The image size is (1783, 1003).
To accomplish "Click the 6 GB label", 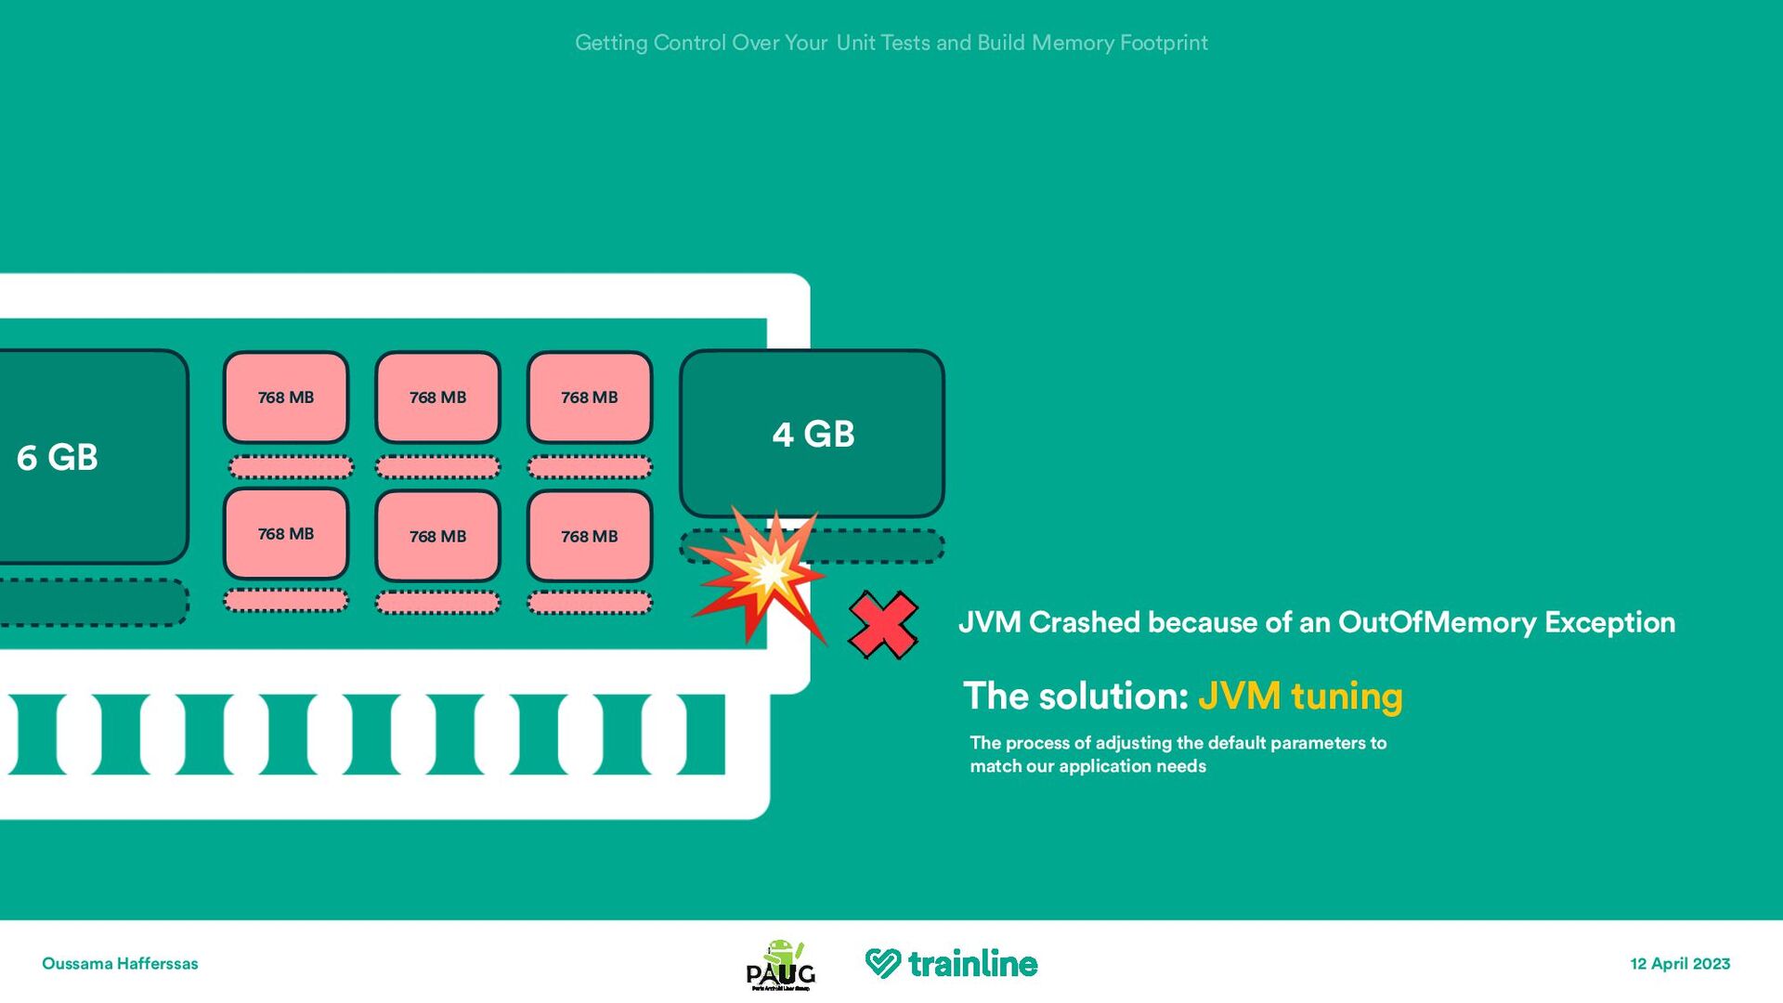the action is click(58, 457).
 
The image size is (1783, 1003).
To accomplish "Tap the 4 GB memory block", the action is click(813, 434).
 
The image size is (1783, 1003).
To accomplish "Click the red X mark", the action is click(883, 625).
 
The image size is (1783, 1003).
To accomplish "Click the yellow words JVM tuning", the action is click(1300, 696).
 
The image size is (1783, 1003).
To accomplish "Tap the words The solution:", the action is click(1076, 696).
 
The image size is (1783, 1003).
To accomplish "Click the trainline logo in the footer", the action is click(952, 963).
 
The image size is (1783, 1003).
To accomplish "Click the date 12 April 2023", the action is click(1680, 963).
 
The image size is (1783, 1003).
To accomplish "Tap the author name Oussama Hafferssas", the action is click(120, 964).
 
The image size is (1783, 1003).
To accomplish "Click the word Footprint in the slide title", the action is click(1164, 43).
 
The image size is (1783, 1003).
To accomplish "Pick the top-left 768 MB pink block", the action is click(286, 397).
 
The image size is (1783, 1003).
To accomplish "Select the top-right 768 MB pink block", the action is click(590, 397).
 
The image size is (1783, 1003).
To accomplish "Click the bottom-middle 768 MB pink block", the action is click(437, 536).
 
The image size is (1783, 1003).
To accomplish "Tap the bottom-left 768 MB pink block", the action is click(286, 534).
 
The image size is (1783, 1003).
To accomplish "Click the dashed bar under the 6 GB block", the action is click(93, 602).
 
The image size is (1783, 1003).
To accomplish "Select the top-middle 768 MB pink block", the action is click(437, 397).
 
